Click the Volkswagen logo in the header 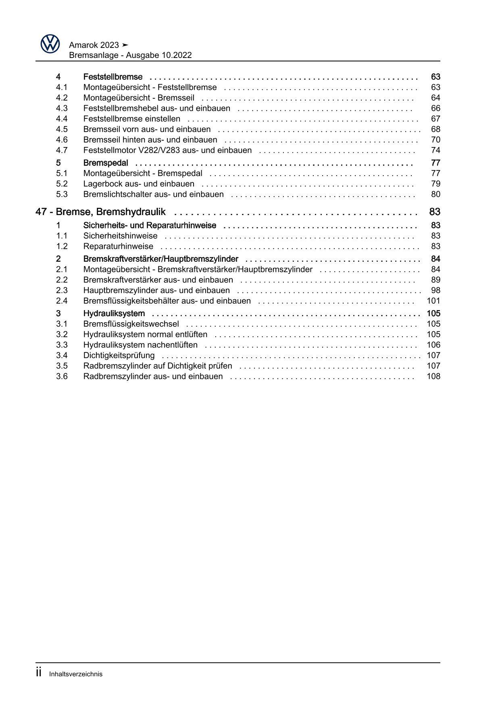(x=50, y=43)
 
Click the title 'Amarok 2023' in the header (x=94, y=45)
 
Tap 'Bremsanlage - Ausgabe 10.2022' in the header (x=130, y=56)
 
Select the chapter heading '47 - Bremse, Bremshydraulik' (x=100, y=212)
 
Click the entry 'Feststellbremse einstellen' (x=131, y=119)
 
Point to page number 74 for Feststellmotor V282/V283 (x=435, y=150)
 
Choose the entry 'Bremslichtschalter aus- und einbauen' (x=153, y=194)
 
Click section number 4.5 (x=62, y=129)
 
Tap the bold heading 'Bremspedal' (x=106, y=163)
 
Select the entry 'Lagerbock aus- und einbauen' (x=139, y=184)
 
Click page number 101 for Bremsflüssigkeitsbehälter (x=433, y=301)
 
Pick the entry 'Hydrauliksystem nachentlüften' (x=140, y=345)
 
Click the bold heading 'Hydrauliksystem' (x=114, y=313)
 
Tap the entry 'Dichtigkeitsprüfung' (x=119, y=355)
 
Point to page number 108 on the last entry (x=433, y=376)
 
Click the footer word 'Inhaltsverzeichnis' (x=76, y=674)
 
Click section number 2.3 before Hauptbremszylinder (x=62, y=290)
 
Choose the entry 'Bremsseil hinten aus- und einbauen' (x=150, y=140)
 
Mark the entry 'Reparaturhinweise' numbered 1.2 (x=118, y=246)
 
